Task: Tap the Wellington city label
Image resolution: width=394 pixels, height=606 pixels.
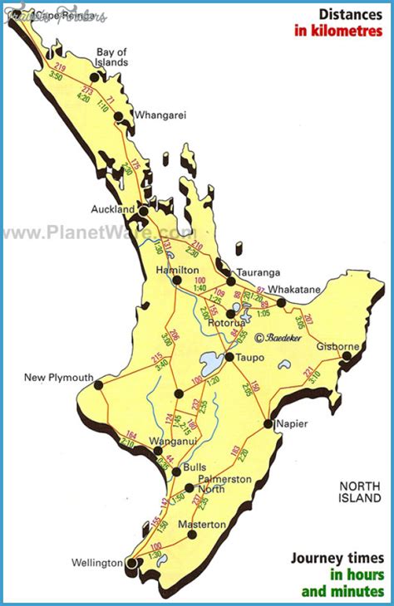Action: click(x=96, y=563)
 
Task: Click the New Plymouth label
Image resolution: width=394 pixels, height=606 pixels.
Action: click(x=58, y=378)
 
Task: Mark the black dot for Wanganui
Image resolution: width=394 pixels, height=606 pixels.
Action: click(x=157, y=452)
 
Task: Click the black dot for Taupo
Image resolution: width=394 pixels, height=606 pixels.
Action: click(x=229, y=357)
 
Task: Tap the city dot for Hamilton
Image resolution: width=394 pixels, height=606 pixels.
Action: click(x=177, y=281)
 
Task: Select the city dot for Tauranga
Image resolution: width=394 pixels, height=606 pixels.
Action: click(x=231, y=281)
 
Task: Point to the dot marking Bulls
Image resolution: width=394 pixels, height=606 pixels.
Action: click(x=176, y=472)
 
